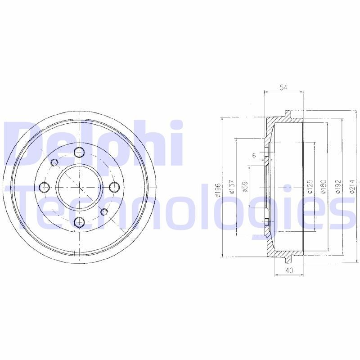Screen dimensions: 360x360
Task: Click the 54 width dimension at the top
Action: tap(283, 87)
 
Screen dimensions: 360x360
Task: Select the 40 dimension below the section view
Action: tap(289, 270)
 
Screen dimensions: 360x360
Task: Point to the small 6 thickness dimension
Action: tap(254, 155)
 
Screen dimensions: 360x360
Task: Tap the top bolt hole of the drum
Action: tap(79, 152)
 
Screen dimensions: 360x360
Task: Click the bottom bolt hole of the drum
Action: tap(79, 221)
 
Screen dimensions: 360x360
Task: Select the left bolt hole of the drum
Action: tap(44, 186)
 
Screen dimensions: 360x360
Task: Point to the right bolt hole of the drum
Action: tap(114, 186)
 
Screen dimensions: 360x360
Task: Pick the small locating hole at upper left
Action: tap(54, 162)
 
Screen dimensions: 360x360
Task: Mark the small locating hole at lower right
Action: tap(104, 211)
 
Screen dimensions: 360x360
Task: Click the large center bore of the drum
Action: tap(79, 186)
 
